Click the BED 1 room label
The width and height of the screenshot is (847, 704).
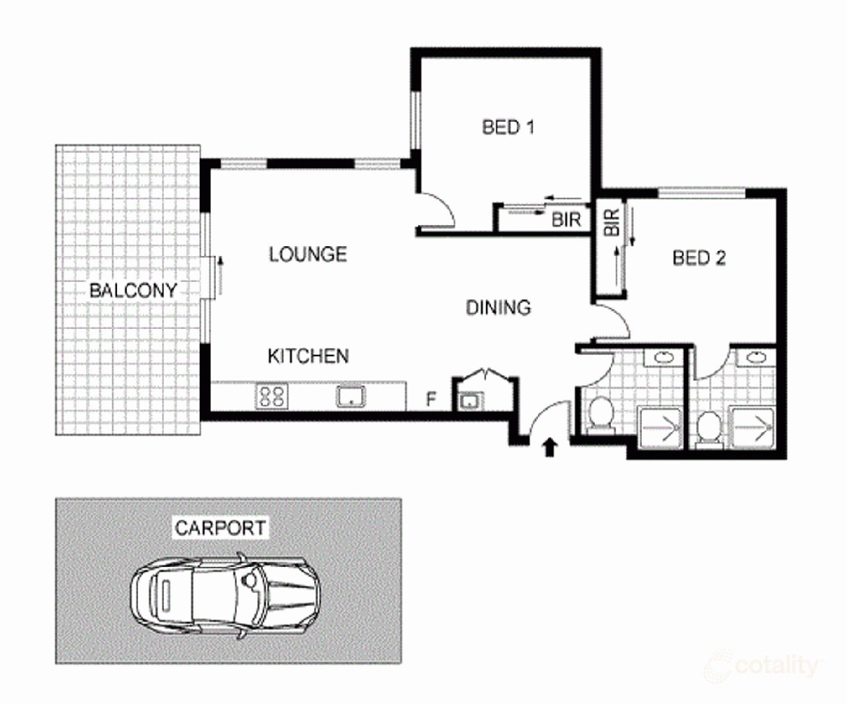tap(508, 127)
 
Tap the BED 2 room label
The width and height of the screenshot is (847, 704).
tap(699, 258)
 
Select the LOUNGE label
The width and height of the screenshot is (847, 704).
tap(308, 254)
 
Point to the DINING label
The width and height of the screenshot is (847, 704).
tap(498, 308)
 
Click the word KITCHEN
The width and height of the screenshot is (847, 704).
tap(308, 356)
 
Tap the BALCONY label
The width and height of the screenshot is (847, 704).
tap(134, 290)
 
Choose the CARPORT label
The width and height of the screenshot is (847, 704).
tap(220, 527)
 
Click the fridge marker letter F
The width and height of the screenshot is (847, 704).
tap(431, 400)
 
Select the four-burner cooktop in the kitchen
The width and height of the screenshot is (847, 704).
tap(271, 396)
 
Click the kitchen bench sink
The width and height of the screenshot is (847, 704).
tap(351, 396)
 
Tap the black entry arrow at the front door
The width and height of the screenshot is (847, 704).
tap(549, 448)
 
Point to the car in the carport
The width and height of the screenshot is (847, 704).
tap(226, 595)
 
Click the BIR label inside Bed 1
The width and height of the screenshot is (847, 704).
tap(566, 220)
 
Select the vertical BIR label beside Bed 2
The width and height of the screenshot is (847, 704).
tap(611, 222)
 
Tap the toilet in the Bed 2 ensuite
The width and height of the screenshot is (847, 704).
tap(709, 428)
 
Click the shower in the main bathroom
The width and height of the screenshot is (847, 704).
tap(660, 429)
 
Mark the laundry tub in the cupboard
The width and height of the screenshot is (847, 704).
tap(470, 401)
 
